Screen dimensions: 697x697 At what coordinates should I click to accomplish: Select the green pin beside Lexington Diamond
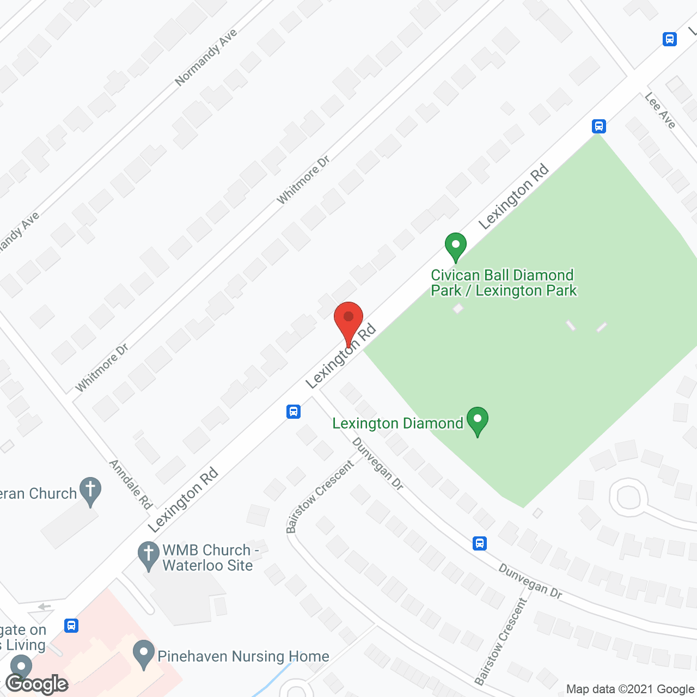coord(478,420)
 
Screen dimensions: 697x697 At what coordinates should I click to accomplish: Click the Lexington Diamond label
coord(398,423)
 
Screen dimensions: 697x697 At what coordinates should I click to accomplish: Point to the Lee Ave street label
coord(660,110)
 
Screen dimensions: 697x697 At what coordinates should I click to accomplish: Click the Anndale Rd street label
coord(131,484)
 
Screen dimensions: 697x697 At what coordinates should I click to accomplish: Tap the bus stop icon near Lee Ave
coord(599,126)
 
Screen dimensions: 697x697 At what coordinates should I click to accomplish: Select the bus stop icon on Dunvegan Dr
coord(480,543)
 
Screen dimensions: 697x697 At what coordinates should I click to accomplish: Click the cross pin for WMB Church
coord(148,555)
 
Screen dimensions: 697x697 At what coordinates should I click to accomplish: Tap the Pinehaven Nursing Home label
coord(243,656)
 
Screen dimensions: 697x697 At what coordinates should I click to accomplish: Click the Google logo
coord(37,684)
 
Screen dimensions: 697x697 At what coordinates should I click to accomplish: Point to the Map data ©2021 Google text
coord(631,689)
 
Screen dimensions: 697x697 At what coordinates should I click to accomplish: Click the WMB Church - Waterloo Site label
coord(209,558)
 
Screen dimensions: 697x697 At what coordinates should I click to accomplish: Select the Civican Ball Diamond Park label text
coord(503,283)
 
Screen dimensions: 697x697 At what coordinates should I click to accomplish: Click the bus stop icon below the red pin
coord(294,411)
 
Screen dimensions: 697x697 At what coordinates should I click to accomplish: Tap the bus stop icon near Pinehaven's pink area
coord(71,625)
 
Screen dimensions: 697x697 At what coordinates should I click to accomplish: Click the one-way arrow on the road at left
coord(45,607)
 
